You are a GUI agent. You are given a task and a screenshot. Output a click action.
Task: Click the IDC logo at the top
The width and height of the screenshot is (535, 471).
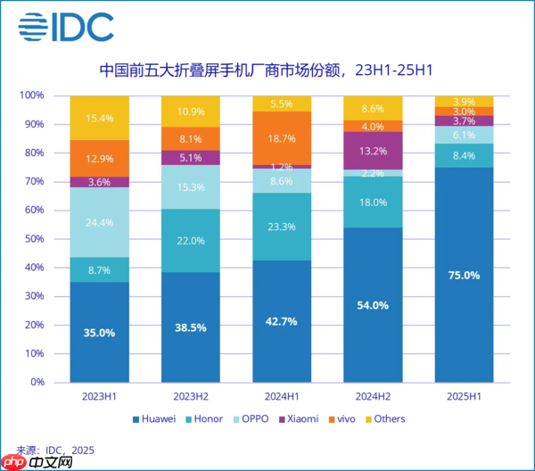(x=66, y=28)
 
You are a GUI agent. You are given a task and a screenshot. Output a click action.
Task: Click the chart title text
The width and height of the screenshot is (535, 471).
(x=267, y=69)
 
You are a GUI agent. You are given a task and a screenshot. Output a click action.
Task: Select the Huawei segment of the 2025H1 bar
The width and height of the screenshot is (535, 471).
(x=464, y=275)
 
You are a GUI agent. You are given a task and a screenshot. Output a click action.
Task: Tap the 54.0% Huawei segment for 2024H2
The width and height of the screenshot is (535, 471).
(x=373, y=305)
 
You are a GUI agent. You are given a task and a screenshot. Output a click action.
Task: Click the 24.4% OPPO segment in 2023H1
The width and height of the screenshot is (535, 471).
(x=100, y=222)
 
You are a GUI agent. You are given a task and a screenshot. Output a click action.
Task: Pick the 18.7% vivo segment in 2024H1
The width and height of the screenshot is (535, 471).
(x=282, y=138)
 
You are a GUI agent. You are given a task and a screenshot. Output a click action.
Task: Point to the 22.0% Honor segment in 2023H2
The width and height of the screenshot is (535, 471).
(x=191, y=241)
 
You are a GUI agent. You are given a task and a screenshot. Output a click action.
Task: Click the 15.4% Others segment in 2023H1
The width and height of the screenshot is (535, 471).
(x=100, y=118)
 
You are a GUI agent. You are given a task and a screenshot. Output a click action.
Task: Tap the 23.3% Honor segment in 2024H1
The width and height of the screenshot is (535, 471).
(x=282, y=227)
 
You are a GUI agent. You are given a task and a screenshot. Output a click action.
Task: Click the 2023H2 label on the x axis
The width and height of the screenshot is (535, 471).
(x=191, y=396)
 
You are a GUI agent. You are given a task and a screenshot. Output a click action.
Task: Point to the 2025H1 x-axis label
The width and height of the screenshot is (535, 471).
(x=464, y=396)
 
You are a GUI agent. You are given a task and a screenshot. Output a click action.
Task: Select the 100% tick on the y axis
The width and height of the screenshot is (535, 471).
(x=33, y=95)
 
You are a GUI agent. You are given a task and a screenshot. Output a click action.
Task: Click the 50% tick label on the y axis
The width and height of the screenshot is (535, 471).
(x=36, y=239)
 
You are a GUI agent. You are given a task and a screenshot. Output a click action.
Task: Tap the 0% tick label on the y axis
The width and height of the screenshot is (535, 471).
(x=38, y=382)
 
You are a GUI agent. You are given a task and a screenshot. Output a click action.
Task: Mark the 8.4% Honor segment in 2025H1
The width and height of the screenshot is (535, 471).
(x=464, y=156)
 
